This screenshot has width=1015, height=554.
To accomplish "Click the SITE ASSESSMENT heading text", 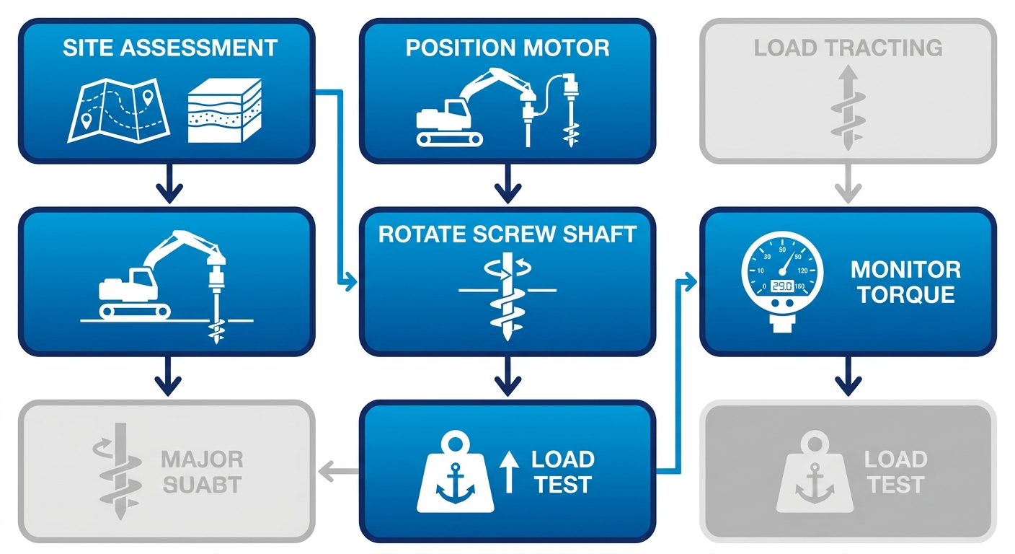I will click(x=169, y=48).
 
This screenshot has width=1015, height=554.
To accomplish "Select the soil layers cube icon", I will click(x=223, y=110).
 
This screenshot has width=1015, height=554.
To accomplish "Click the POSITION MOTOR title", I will click(x=507, y=48).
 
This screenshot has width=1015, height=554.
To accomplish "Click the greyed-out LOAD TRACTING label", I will click(x=848, y=48).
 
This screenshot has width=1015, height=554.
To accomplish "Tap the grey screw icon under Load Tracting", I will click(x=847, y=108).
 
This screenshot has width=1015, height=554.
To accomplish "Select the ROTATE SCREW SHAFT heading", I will click(x=507, y=234).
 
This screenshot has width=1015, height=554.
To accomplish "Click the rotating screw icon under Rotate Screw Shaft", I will click(x=507, y=296).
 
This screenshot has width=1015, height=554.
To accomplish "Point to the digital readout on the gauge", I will click(x=781, y=286).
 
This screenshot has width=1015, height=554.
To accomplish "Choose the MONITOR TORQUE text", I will click(x=905, y=282).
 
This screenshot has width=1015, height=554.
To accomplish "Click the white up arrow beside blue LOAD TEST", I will click(x=509, y=472).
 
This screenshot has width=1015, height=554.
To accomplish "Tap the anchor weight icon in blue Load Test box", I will click(x=455, y=473).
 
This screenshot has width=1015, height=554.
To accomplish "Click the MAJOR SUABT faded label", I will click(x=202, y=472).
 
